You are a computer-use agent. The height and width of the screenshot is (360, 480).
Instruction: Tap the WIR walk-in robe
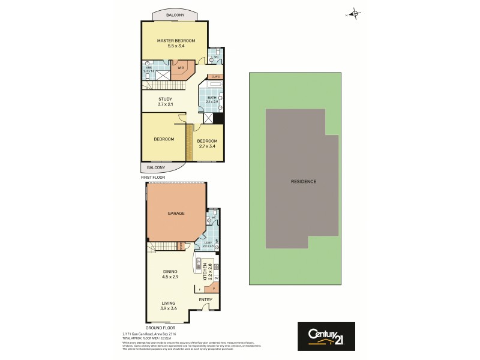[x=180, y=68]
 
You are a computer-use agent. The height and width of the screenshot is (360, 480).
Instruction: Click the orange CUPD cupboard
[x=215, y=77]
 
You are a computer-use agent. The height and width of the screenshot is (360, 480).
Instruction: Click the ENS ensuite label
[x=149, y=68]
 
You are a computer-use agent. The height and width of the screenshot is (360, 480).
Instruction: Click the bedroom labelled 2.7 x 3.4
[x=207, y=143]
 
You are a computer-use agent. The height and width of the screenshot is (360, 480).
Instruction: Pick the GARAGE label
[x=176, y=213]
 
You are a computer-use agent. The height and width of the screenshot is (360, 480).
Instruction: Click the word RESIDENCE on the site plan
[x=303, y=181]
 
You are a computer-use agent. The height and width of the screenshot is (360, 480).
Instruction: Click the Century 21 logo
[x=326, y=336]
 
